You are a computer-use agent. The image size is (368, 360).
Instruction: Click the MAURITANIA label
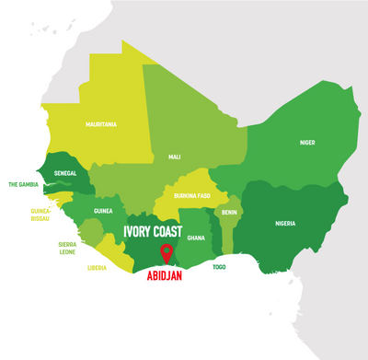tap(101, 123)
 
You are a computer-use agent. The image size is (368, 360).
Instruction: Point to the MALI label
tap(174, 157)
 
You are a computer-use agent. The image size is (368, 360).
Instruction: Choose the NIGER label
tap(307, 143)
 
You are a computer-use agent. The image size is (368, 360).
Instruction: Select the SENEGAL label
tap(64, 173)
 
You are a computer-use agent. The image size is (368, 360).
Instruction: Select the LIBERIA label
tap(97, 268)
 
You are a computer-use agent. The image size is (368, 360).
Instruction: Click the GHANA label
tap(196, 237)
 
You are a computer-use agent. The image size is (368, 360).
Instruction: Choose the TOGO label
tap(219, 266)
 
